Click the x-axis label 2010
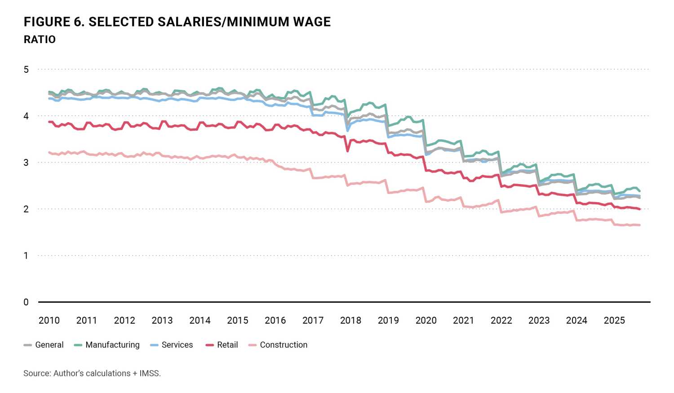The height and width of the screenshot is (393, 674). [x=49, y=320]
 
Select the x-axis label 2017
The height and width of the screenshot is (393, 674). [x=313, y=320]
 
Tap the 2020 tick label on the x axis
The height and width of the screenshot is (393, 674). [x=426, y=320]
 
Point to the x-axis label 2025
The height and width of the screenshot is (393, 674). [x=614, y=320]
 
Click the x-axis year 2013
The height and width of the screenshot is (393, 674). [x=162, y=320]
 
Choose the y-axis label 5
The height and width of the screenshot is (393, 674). [x=27, y=69]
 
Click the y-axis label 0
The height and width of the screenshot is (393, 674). [x=27, y=302]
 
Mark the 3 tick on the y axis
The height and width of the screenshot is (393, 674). [x=27, y=163]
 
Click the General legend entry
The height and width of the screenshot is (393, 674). [x=49, y=345]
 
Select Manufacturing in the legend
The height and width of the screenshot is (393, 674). [x=112, y=345]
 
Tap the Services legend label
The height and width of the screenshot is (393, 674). [x=177, y=345]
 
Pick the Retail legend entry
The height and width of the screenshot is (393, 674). [x=227, y=345]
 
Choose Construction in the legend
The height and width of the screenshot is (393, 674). [x=284, y=345]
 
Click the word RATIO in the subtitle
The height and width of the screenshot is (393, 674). [x=40, y=40]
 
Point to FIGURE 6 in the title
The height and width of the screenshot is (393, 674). [x=53, y=22]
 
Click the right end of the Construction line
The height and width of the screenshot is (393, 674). [x=639, y=225]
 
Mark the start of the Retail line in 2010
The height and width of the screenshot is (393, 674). [x=49, y=122]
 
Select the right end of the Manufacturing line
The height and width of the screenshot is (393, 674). [x=639, y=191]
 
